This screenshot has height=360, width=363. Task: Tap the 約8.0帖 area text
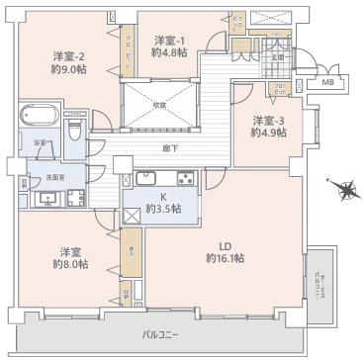(x=70, y=264)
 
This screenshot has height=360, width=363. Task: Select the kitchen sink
(x=146, y=179)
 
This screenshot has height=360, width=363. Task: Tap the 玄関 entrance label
(x=279, y=57)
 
